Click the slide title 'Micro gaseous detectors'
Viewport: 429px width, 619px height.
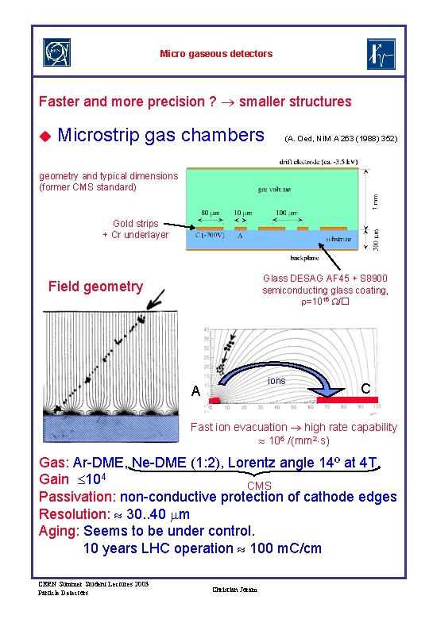[216, 54]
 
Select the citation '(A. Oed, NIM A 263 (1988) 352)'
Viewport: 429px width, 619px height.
[341, 138]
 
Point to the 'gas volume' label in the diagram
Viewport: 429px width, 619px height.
[274, 190]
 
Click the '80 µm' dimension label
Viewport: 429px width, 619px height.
[211, 213]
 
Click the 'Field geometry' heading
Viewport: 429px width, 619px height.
[95, 286]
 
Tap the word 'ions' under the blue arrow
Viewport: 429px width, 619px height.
[276, 381]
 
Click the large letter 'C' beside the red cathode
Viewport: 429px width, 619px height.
[365, 389]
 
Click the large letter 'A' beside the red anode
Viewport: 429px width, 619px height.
[195, 390]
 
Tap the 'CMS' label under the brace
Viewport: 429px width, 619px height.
[259, 486]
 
